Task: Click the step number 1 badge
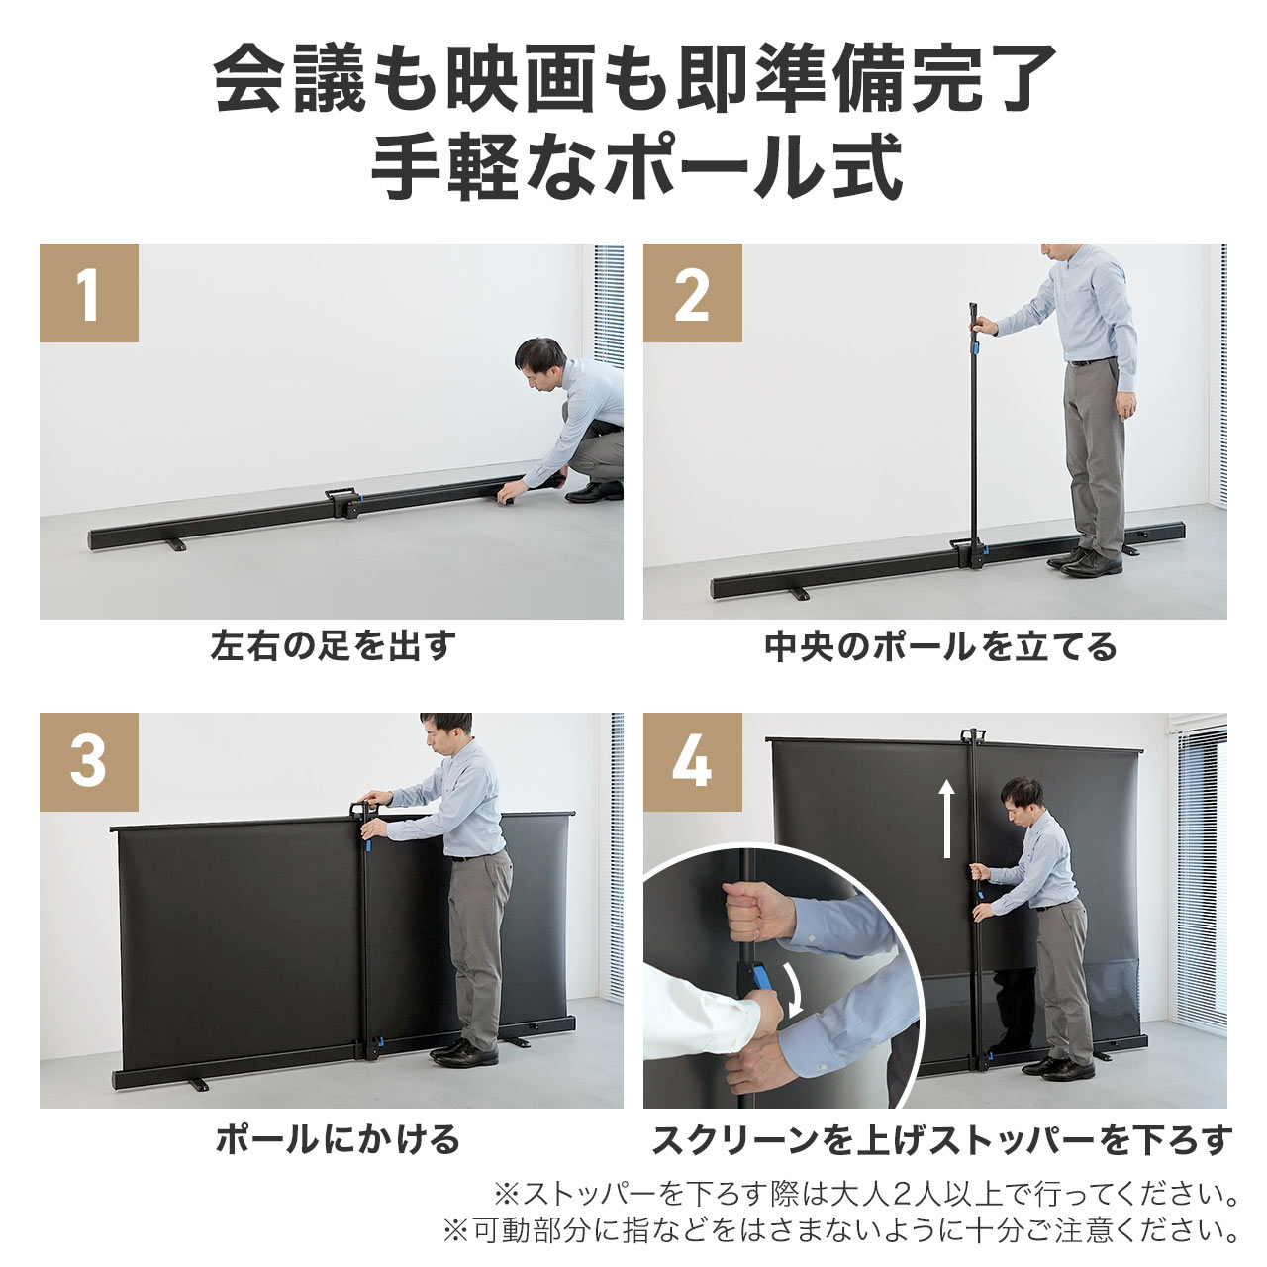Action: [x=89, y=294]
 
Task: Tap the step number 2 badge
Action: [x=692, y=294]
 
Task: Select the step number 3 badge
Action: [x=89, y=762]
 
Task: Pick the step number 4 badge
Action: [x=692, y=762]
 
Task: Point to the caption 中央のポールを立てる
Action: [x=940, y=646]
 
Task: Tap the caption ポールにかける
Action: [x=338, y=1139]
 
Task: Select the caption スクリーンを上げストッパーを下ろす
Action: [x=940, y=1139]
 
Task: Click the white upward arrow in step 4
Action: [x=947, y=818]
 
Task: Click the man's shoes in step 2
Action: [x=1086, y=562]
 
